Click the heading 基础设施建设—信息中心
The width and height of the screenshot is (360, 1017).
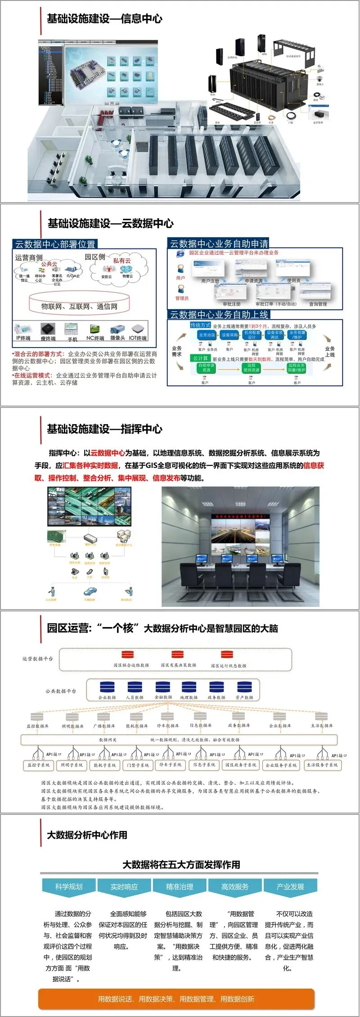(x=104, y=19)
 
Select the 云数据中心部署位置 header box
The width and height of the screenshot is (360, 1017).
(x=55, y=244)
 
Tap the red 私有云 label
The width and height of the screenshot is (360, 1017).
(x=122, y=261)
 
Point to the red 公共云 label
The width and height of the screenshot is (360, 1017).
(x=49, y=264)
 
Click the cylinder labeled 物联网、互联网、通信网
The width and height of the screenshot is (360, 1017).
(x=79, y=306)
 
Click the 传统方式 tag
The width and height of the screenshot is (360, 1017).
(x=200, y=325)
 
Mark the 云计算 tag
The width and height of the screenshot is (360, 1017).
(x=200, y=358)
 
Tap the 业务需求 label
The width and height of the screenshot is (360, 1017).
(x=177, y=351)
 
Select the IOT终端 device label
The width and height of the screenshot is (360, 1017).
(x=138, y=338)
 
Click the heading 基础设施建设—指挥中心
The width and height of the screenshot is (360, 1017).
(x=104, y=429)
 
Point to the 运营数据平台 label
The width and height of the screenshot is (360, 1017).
(x=38, y=659)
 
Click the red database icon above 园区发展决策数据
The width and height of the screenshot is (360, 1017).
(x=178, y=655)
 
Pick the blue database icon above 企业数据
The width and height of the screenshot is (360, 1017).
(x=107, y=687)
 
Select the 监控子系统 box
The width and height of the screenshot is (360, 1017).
(x=39, y=765)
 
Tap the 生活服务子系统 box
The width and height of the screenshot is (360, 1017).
(x=322, y=765)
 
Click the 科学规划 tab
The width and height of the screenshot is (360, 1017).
(x=69, y=886)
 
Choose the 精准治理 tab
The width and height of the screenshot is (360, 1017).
(x=180, y=886)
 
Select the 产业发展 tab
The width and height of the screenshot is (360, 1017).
(x=290, y=886)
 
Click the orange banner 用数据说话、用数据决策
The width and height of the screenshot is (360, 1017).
(x=176, y=999)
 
